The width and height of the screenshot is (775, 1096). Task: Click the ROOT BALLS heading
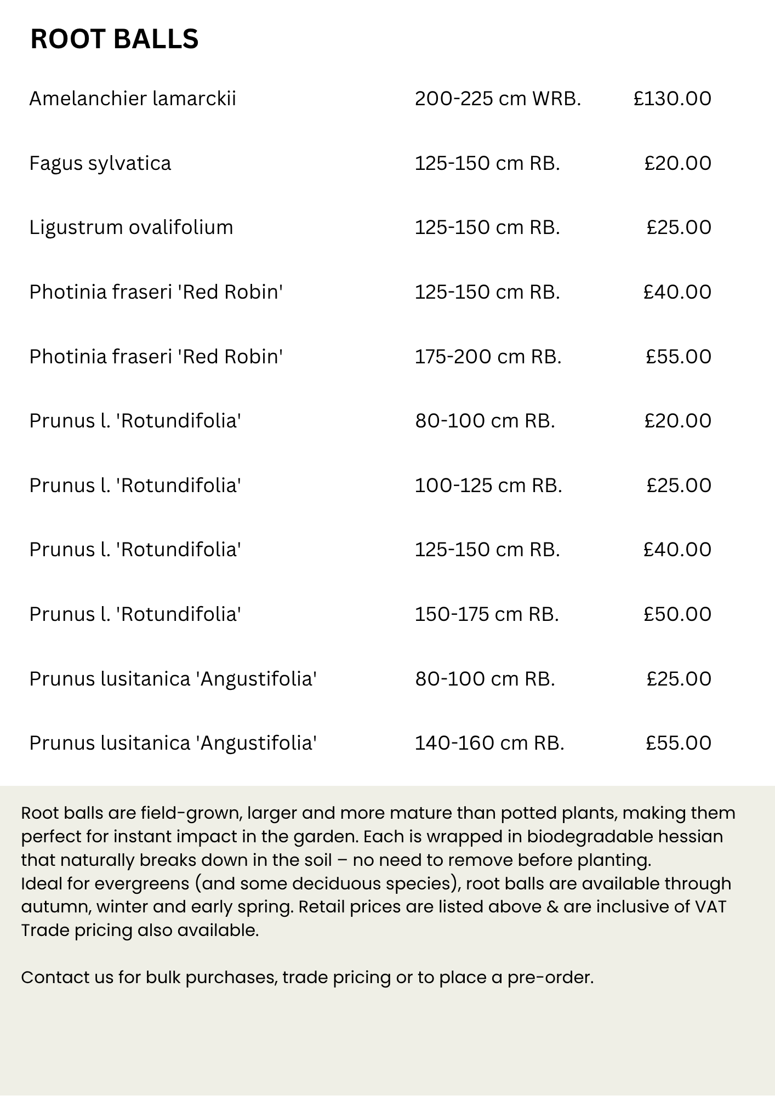coord(114,39)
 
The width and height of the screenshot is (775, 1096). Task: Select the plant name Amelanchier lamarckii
coord(133,99)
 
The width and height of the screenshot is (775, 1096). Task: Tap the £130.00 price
coord(672,99)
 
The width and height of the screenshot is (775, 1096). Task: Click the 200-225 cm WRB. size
coord(497,99)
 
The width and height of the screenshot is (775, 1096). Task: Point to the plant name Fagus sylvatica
coord(100,163)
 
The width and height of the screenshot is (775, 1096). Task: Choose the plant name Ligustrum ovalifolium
coord(131,227)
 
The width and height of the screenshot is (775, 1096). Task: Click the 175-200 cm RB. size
coord(488,357)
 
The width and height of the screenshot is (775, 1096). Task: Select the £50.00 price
coord(677,614)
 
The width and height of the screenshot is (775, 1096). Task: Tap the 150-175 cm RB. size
coord(486,614)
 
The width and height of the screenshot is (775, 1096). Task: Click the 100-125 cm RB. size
coord(488,486)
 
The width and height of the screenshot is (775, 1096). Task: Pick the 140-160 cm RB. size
coord(489,743)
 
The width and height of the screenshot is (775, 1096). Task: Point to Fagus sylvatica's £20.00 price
coord(677,163)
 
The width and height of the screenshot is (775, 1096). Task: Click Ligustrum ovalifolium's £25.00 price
coord(679,227)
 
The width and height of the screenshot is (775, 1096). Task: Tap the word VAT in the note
coord(710,907)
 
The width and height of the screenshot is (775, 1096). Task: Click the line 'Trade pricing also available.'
coord(140,931)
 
